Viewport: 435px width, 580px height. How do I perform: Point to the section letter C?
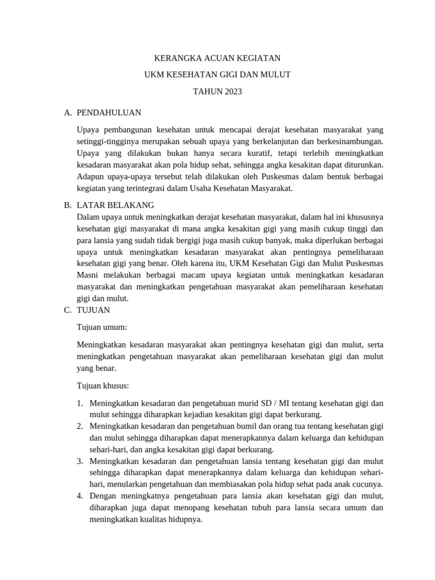(x=67, y=310)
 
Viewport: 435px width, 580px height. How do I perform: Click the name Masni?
(x=88, y=275)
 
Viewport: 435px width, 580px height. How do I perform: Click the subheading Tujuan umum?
(x=102, y=327)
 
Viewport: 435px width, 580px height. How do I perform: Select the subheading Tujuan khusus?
(x=103, y=386)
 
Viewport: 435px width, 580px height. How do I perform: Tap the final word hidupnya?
(x=183, y=519)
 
